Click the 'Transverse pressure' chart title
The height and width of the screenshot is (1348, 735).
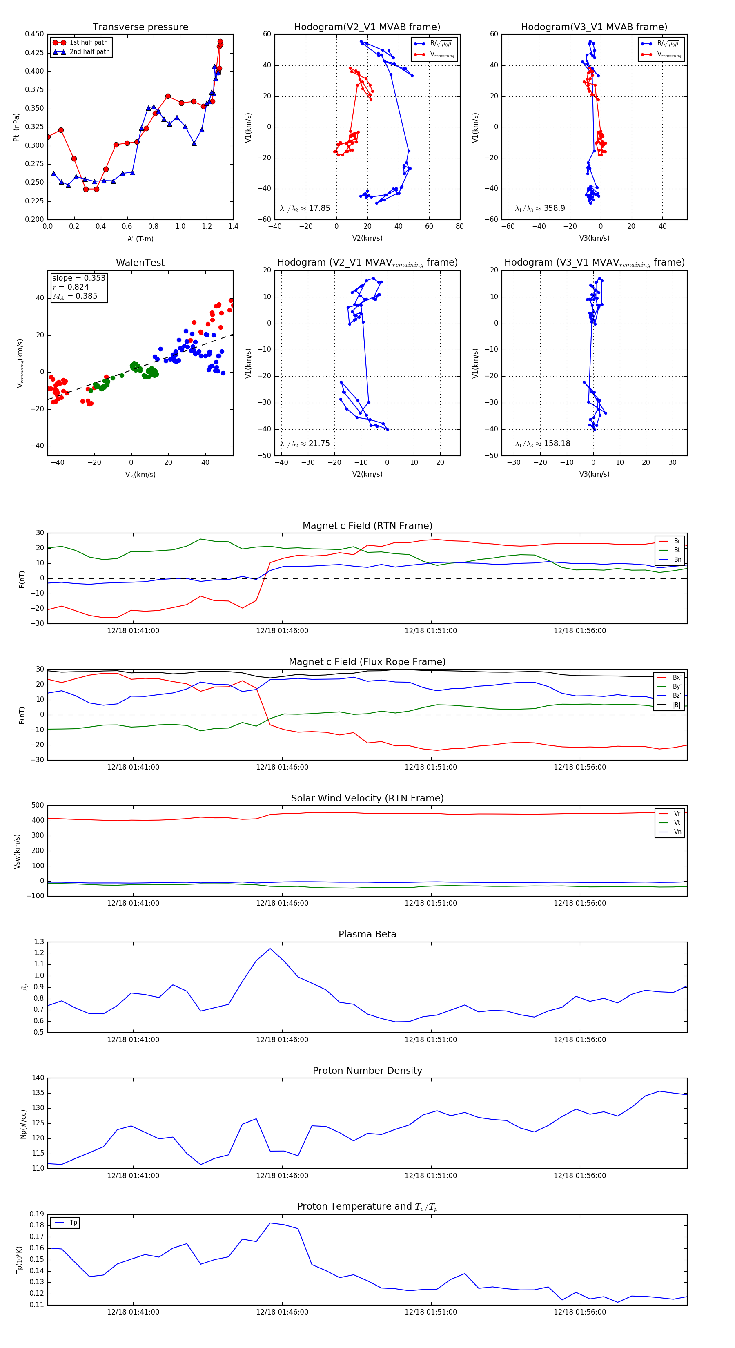coord(140,27)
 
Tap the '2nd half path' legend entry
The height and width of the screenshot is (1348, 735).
coord(89,52)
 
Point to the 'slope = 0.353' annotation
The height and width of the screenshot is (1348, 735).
coord(78,278)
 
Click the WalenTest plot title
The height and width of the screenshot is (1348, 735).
coord(140,263)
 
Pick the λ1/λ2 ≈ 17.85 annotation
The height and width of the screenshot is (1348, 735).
coord(305,208)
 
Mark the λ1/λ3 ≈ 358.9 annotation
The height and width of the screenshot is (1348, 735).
coord(540,208)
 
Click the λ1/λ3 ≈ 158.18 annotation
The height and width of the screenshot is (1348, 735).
coord(543,444)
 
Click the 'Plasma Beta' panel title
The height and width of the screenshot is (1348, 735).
coord(367,935)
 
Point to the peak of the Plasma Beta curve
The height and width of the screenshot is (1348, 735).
coord(270,949)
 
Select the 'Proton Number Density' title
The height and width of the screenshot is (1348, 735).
coord(367,1071)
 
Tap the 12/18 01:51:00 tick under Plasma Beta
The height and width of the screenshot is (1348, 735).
coord(430,1040)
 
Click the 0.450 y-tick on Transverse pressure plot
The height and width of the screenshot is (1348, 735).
coord(35,34)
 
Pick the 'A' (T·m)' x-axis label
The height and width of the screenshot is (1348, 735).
coord(140,239)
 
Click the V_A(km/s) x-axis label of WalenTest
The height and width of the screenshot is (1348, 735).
coord(140,475)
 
